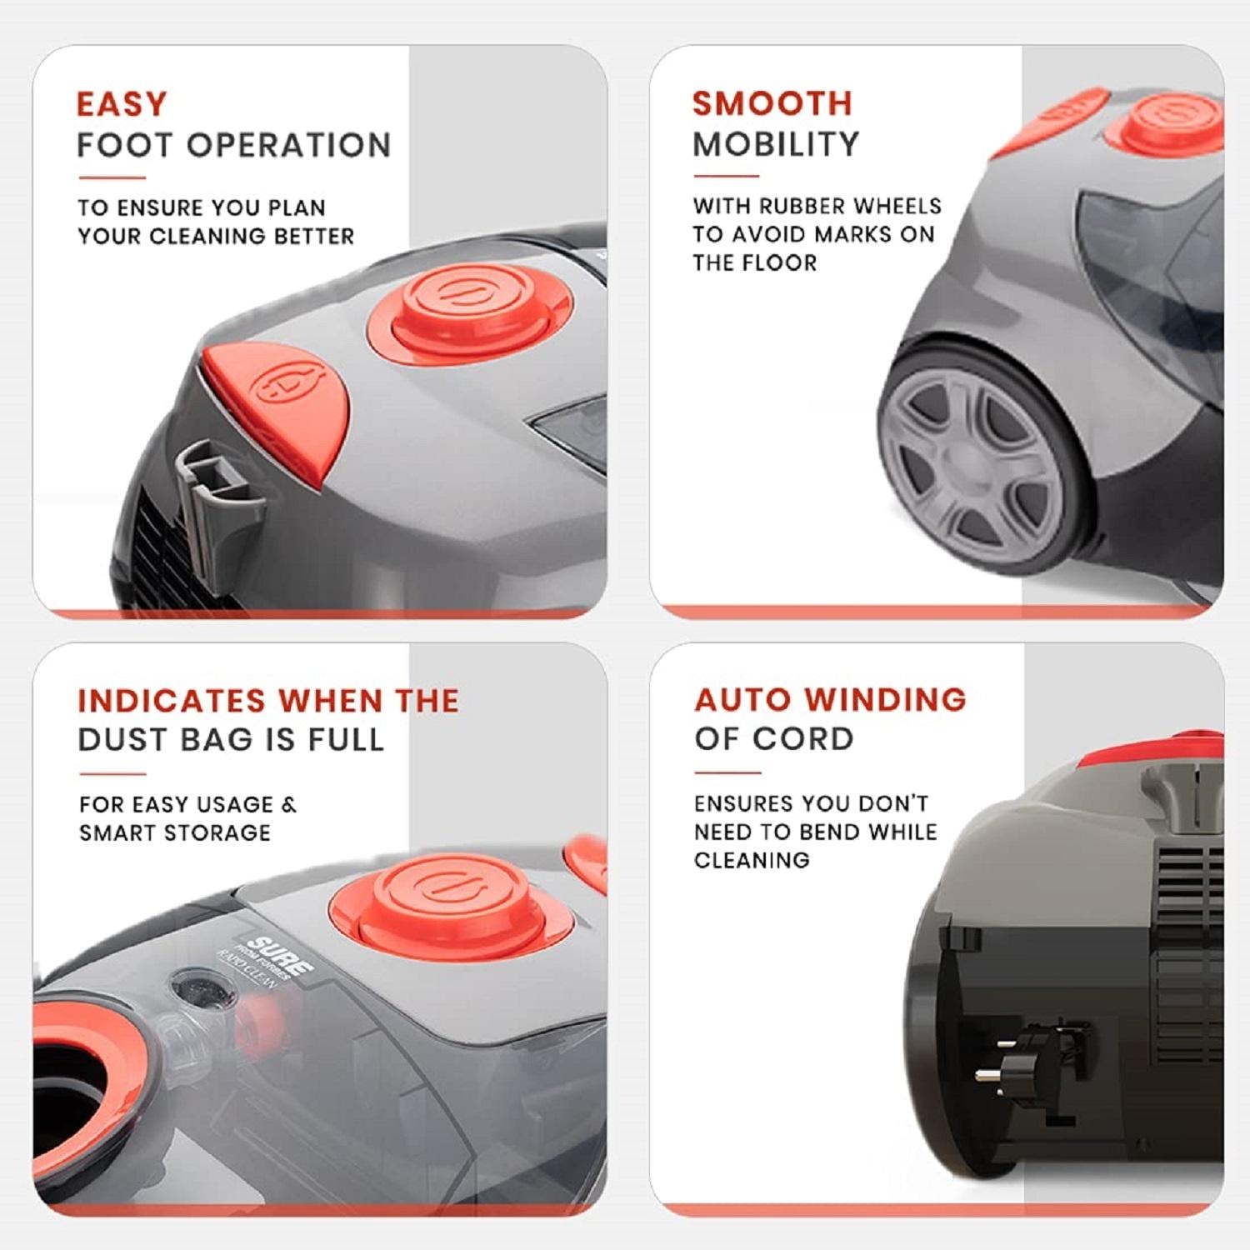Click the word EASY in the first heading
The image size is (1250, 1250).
coord(122,105)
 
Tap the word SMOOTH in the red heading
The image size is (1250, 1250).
coord(772,103)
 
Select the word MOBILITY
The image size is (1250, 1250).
coord(776,144)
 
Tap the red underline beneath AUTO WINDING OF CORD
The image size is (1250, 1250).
coord(727,772)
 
